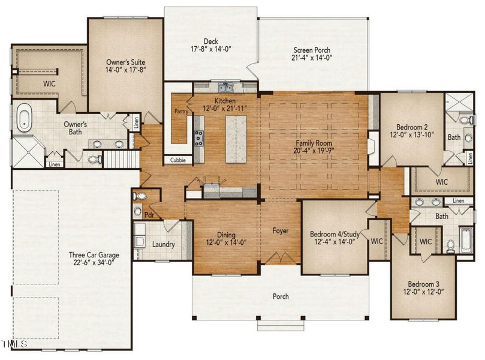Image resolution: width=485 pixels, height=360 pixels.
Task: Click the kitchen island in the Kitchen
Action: pos(236,138)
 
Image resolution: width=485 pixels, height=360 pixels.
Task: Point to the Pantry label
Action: pos(181,112)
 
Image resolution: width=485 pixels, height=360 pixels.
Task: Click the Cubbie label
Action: pos(179,160)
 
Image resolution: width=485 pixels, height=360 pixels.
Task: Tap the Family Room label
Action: pos(314,143)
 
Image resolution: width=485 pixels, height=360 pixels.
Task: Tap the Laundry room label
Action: pos(163,244)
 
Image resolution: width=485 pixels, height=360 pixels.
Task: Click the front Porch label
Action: pos(281,296)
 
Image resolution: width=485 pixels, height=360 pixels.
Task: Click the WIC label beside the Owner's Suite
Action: pos(49,84)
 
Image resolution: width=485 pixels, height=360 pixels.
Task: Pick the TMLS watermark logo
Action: pos(14,344)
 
